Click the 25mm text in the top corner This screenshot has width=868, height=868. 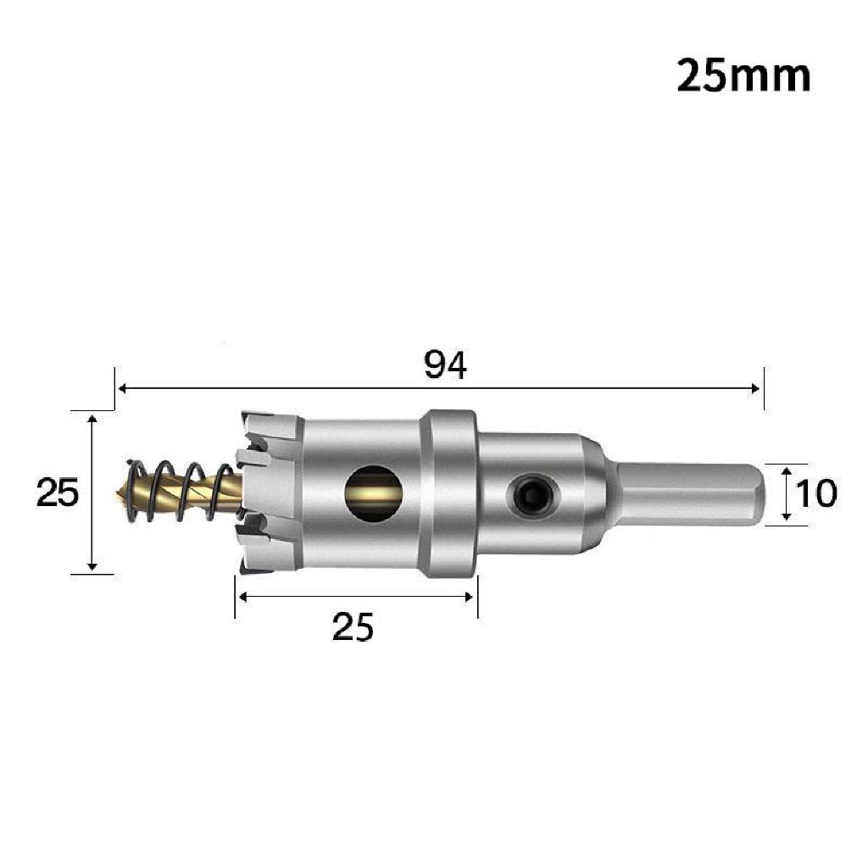[743, 75]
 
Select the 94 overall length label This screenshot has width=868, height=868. [446, 364]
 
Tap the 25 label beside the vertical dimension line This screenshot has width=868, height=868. [58, 492]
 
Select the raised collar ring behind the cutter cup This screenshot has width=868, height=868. [449, 492]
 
